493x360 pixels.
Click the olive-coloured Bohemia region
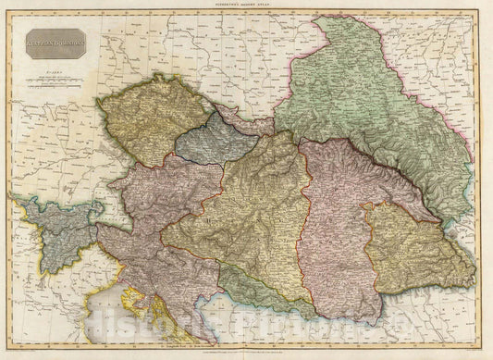pyautogui.click(x=147, y=118)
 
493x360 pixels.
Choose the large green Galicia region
pyautogui.click(x=370, y=102)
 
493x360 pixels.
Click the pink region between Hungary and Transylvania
pyautogui.click(x=338, y=222)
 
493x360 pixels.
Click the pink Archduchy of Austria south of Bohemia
pyautogui.click(x=157, y=185)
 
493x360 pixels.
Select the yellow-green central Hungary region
pyautogui.click(x=250, y=213)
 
